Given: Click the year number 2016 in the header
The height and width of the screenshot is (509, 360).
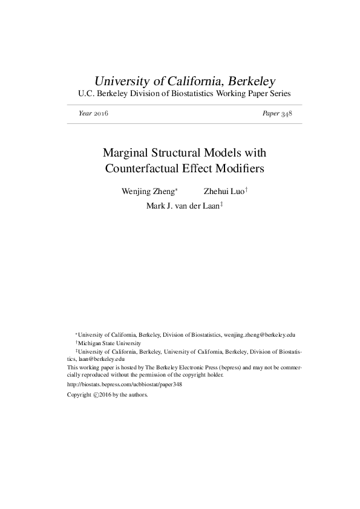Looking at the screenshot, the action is click(100, 114).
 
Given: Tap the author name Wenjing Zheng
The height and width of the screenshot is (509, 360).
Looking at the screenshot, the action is click(148, 192).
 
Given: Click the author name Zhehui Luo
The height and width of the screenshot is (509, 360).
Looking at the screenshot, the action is click(223, 192).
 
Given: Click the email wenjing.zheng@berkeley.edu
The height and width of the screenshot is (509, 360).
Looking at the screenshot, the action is click(260, 334).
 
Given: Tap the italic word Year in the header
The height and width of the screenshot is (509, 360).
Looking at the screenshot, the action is click(85, 114).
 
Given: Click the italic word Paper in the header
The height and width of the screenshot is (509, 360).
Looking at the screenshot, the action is click(270, 114).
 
